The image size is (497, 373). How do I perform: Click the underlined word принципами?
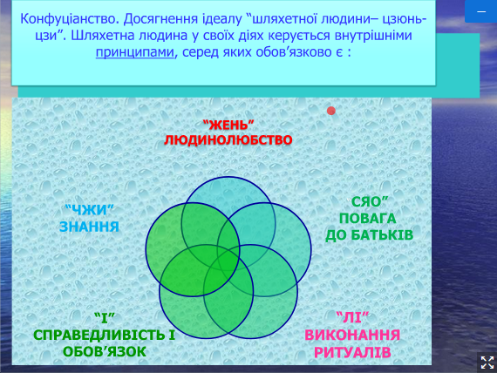(x=134, y=52)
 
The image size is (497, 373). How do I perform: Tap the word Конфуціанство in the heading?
(x=70, y=19)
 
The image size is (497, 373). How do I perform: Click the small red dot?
(x=331, y=111)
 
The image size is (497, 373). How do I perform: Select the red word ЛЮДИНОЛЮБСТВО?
(x=228, y=140)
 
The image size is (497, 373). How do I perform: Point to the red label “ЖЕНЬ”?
(x=228, y=125)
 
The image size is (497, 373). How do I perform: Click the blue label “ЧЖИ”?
(x=90, y=210)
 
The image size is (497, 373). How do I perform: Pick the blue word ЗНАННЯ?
(x=90, y=227)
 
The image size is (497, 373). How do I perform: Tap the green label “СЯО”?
(x=368, y=202)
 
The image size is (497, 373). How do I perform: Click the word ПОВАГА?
(x=368, y=219)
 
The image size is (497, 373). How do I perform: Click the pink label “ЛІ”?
(x=352, y=317)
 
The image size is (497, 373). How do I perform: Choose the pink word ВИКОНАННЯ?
(x=352, y=335)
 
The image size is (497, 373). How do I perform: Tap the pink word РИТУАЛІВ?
(x=352, y=352)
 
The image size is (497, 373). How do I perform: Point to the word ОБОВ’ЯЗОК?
(x=105, y=352)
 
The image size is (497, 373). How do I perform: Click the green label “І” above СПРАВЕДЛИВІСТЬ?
(x=105, y=318)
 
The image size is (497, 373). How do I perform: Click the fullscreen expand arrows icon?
(x=487, y=363)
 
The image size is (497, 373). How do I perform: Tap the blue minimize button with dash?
(x=481, y=11)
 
